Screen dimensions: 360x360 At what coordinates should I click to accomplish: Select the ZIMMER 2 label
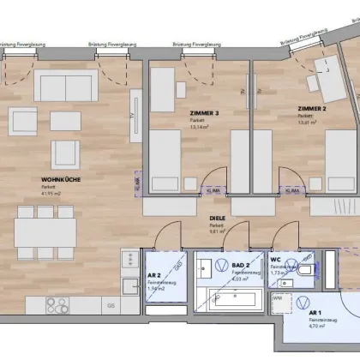coord(313,109)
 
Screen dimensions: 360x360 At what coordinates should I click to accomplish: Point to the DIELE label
coord(218,218)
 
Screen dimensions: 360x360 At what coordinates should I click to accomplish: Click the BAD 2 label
coord(240,267)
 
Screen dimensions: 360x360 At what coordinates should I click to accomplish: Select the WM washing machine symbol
coord(277,297)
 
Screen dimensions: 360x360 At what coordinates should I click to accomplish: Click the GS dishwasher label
coord(110,304)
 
